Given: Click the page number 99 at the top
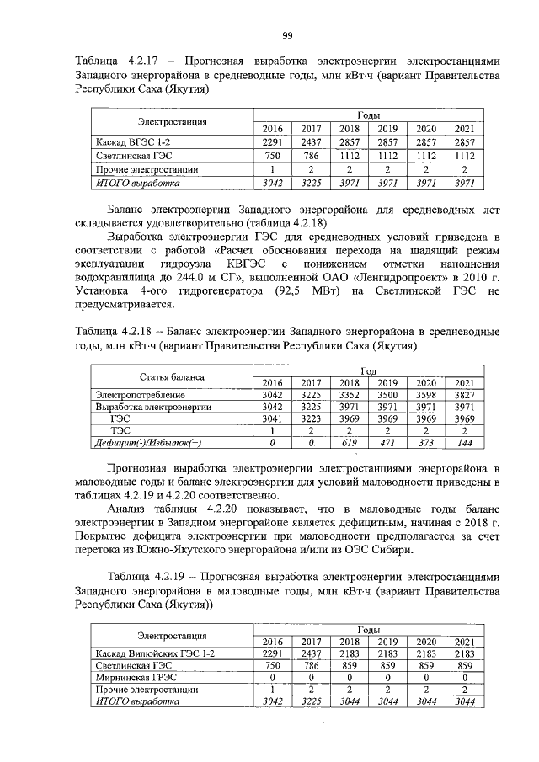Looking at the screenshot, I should [x=287, y=35].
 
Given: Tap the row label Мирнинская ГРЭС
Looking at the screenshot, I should [x=136, y=675].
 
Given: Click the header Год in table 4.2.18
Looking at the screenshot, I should [x=368, y=370].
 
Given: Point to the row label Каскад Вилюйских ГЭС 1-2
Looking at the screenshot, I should [x=156, y=653].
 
